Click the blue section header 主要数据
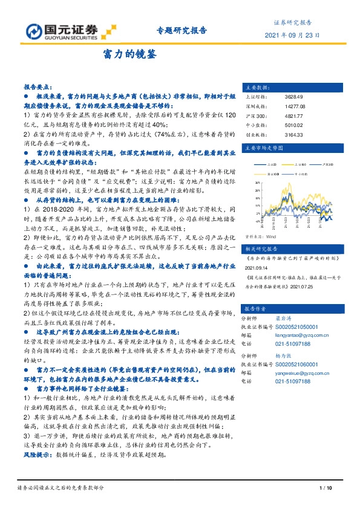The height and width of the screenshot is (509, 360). coord(257,87)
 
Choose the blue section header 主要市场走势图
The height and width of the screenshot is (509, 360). coord(263,147)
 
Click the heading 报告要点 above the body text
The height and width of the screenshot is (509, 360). coord(38,87)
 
